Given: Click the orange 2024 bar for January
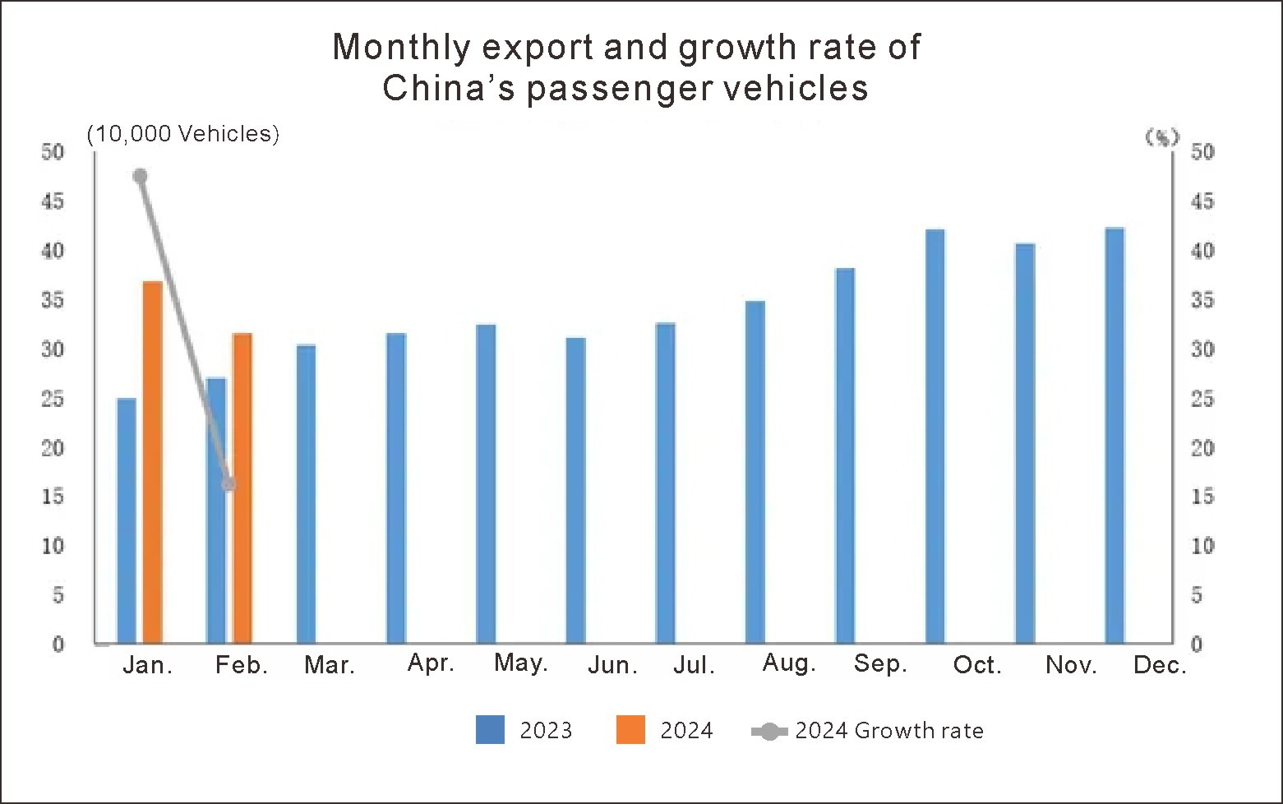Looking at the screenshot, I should pos(153,462).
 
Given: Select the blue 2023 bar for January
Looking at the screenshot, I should pos(127,520).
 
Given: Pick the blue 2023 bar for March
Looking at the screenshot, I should pos(306,494).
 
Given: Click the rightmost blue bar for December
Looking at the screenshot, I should pos(1115,436).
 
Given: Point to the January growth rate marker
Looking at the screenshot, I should pos(140,176).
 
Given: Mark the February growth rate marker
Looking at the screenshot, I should pos(228,484).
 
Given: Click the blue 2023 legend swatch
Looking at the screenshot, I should pos(490,730).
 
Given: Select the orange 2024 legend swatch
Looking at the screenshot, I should pos(630,730).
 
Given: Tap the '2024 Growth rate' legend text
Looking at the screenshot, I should pos(888,731).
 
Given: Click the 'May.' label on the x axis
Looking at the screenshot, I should pos(520,663).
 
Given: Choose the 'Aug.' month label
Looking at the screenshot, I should pos(789,663).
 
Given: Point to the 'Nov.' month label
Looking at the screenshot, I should pos(1071,665).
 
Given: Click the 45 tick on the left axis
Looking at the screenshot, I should pos(53,201).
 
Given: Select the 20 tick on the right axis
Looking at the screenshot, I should pos(1202,448).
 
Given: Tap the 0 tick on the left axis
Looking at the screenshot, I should pos(58,645).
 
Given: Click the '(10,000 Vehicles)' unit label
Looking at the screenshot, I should pos(183,134).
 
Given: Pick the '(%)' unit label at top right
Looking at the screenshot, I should pos(1162,137).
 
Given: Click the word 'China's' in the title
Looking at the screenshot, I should pos(449,88).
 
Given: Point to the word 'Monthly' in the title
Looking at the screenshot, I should pos(401,48).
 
